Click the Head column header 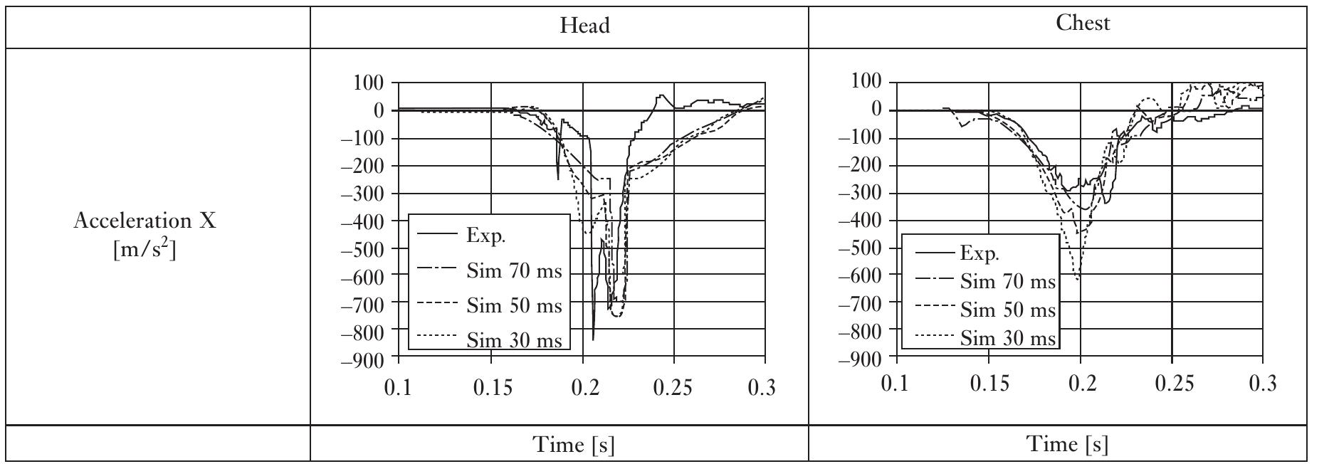coord(584,26)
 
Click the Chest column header coord(1082,23)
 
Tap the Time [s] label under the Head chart coord(574,445)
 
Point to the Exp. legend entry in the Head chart coord(486,236)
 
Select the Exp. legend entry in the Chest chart coord(980,253)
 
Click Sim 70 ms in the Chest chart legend coord(1007,282)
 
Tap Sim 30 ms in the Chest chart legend coord(1007,338)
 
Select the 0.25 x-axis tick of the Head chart coord(673,389)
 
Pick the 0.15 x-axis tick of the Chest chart coord(989,385)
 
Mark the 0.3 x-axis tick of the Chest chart coord(1263,385)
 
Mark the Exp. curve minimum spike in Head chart coord(594,339)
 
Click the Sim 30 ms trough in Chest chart coord(1078,279)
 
